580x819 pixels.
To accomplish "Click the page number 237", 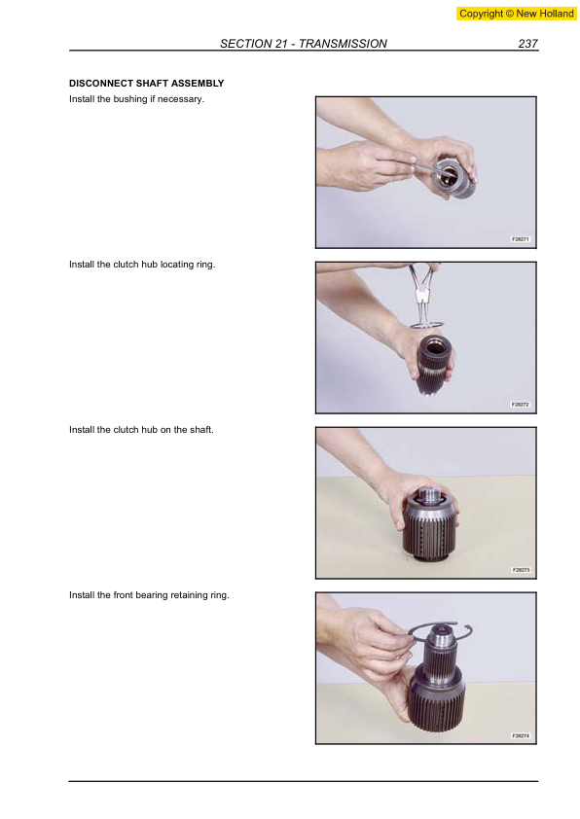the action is [x=527, y=44].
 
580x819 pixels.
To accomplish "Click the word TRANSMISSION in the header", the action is [x=343, y=44].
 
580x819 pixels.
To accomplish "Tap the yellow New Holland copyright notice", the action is [x=516, y=14].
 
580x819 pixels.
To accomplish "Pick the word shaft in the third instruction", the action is [x=201, y=430].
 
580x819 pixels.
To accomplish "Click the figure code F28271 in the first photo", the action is [x=521, y=239].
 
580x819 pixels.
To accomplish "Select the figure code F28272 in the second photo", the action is [x=521, y=405].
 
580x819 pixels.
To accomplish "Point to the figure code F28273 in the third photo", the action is [x=521, y=570].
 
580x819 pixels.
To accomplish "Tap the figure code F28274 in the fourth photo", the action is [x=521, y=735].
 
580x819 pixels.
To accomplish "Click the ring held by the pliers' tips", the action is [x=427, y=326].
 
